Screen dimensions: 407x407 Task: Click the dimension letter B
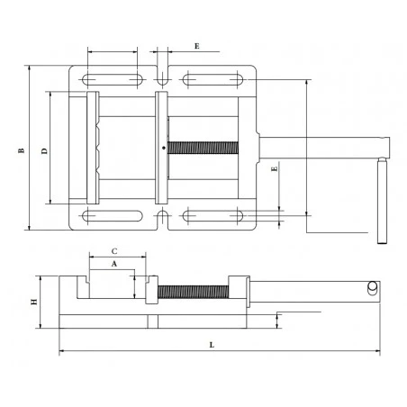tap(21, 150)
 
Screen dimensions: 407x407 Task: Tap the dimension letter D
tap(44, 151)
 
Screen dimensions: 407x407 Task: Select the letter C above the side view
tap(114, 251)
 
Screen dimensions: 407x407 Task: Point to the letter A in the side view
tap(114, 264)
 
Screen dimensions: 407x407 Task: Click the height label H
tap(34, 302)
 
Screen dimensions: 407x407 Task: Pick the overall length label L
tap(212, 345)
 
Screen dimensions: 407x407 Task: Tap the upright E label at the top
tap(197, 46)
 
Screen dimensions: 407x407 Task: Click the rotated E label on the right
tap(275, 169)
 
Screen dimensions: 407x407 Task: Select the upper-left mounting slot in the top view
tap(113, 80)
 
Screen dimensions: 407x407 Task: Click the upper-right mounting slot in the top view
tap(213, 80)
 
